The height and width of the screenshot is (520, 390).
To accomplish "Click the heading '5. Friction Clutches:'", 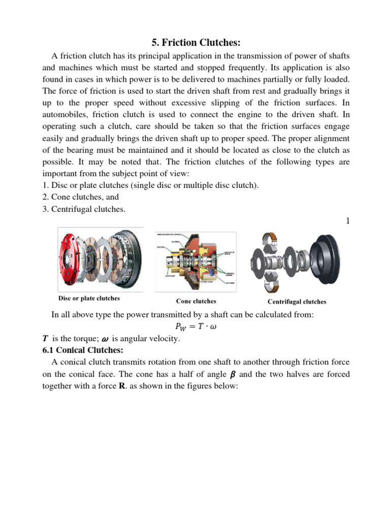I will [x=194, y=43].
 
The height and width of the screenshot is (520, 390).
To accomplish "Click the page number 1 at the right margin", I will [x=347, y=221].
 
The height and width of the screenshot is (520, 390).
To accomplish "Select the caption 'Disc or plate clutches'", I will [x=89, y=298].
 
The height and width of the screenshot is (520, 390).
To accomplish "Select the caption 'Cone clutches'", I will [x=196, y=301].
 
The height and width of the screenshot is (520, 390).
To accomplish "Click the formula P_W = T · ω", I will [x=196, y=327].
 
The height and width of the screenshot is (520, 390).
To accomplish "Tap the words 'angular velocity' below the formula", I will [x=152, y=339].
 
